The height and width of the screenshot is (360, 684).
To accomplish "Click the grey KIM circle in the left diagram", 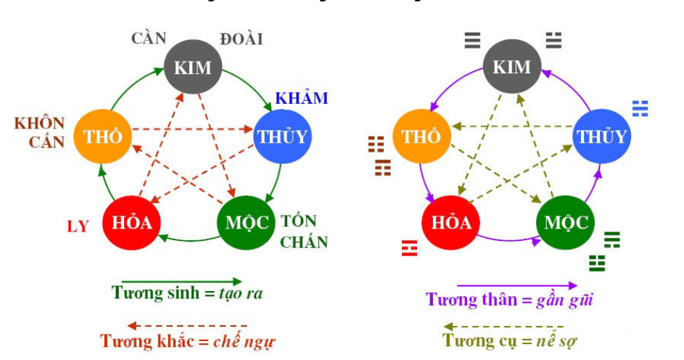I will tap(192, 67).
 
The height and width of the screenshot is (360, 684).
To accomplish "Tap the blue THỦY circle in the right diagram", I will tap(601, 136).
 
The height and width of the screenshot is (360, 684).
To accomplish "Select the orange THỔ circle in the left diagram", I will tap(102, 136).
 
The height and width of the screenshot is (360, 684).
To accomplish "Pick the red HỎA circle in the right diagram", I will tap(451, 221).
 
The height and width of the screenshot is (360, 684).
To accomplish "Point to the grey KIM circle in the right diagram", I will tap(512, 67).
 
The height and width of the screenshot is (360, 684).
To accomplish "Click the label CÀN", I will tap(149, 38).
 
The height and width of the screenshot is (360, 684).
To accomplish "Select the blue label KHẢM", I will tap(301, 98).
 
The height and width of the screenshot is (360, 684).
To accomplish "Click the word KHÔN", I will tap(40, 123).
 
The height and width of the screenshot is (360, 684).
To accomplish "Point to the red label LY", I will tap(78, 226).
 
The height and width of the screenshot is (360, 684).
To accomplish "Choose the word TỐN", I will tap(298, 221).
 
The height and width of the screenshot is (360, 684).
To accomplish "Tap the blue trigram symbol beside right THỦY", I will tap(640, 108).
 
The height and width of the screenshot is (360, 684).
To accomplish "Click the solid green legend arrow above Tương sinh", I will tap(181, 281).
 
